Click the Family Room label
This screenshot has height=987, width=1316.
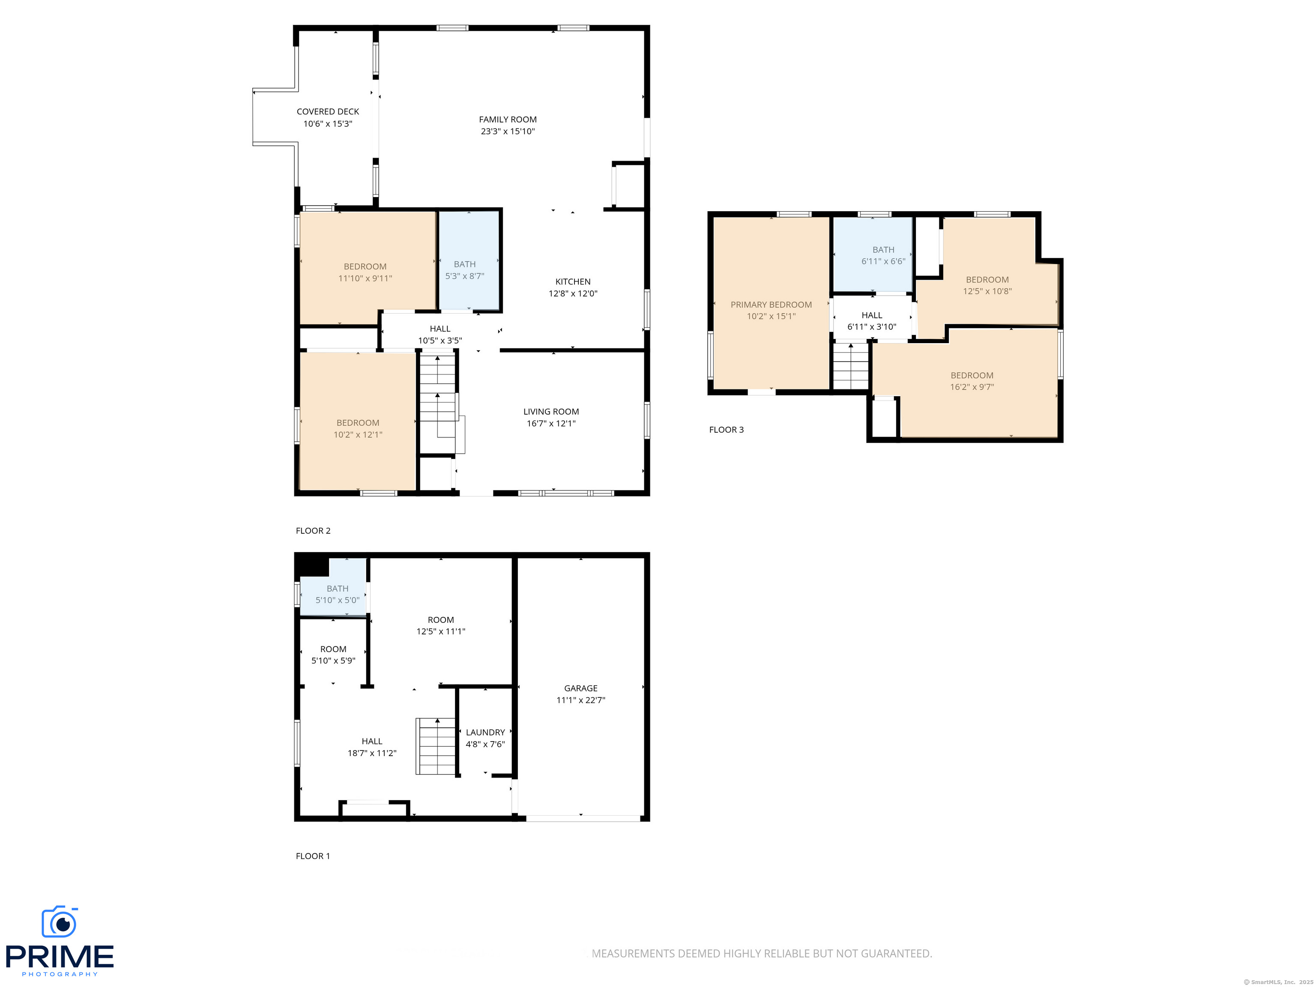[x=508, y=120]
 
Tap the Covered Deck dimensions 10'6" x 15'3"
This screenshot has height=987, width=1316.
[x=328, y=124]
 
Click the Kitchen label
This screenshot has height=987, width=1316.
[x=572, y=281]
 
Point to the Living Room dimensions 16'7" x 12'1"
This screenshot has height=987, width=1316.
[x=550, y=424]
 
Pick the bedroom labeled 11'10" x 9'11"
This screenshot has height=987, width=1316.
[x=365, y=272]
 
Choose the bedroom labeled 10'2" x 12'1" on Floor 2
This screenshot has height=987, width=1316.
[x=358, y=428]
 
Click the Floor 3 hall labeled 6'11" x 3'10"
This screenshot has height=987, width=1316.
[x=872, y=321]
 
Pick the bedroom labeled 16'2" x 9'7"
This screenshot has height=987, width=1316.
[x=972, y=381]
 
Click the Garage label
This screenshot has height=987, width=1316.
[x=580, y=688]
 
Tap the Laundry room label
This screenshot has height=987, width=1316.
[x=485, y=733]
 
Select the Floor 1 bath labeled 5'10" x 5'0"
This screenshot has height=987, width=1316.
[x=337, y=594]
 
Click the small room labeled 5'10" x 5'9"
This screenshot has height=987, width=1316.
[x=333, y=655]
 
